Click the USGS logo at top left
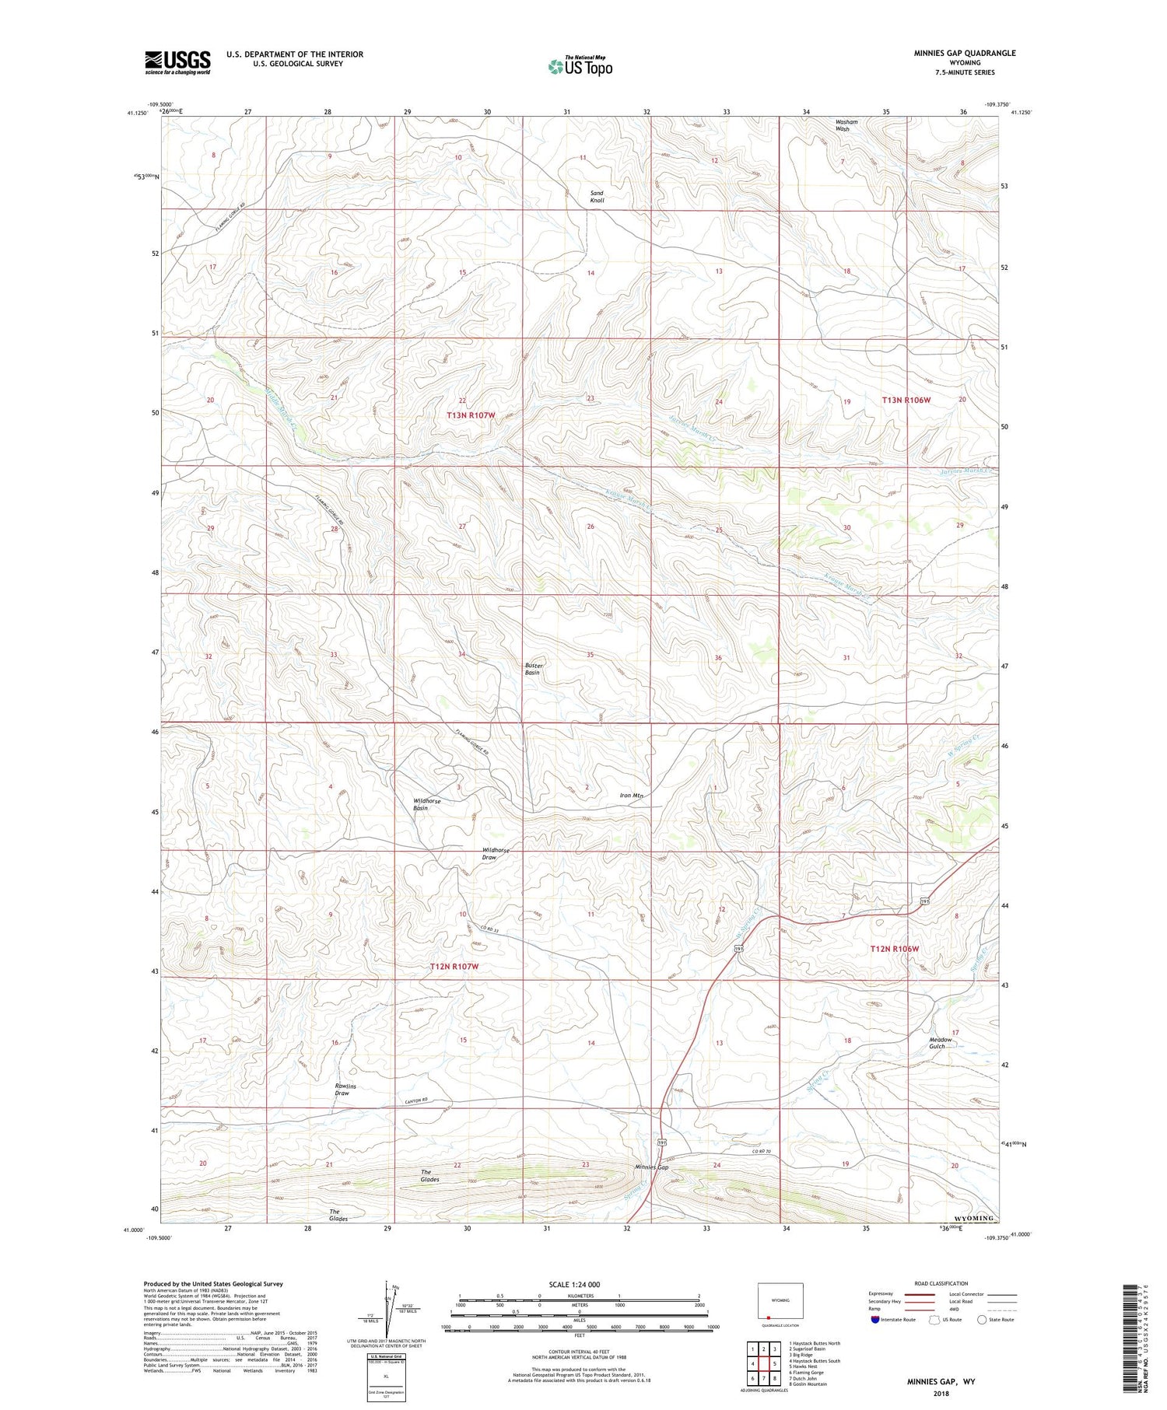coord(177,62)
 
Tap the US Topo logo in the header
coord(580,66)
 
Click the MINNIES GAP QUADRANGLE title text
coord(965,53)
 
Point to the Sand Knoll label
coord(597,196)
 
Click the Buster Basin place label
coord(533,669)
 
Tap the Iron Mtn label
coord(631,796)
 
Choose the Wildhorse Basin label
coord(427,804)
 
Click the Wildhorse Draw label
coord(496,854)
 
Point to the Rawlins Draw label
coord(342,1089)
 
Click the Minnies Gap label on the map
coord(651,1167)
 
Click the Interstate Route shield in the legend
coord(874,1320)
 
